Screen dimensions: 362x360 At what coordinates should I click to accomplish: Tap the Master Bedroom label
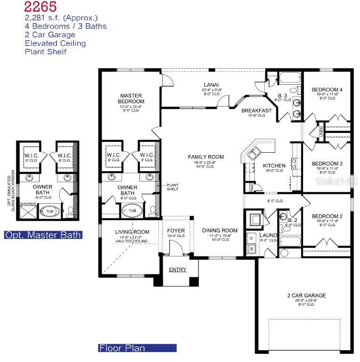(x=131, y=99)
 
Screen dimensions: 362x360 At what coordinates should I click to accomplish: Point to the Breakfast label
(x=256, y=111)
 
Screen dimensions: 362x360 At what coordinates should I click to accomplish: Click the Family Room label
(x=206, y=157)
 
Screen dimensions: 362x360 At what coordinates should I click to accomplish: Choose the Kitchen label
(x=274, y=165)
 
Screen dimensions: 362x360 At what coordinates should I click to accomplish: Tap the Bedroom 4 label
(x=327, y=90)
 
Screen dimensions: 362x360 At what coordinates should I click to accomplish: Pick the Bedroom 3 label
(x=327, y=164)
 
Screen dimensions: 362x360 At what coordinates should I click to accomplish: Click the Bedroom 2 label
(x=327, y=216)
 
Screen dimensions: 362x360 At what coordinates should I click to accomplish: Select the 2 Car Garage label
(x=306, y=296)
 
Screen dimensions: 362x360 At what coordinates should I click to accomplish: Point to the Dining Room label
(x=220, y=230)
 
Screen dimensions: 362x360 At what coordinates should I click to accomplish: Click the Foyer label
(x=176, y=230)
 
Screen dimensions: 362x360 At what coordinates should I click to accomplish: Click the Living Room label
(x=132, y=232)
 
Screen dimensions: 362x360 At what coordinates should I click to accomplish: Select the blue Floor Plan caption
(x=122, y=348)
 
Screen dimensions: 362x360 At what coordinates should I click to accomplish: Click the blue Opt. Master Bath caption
(x=43, y=235)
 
